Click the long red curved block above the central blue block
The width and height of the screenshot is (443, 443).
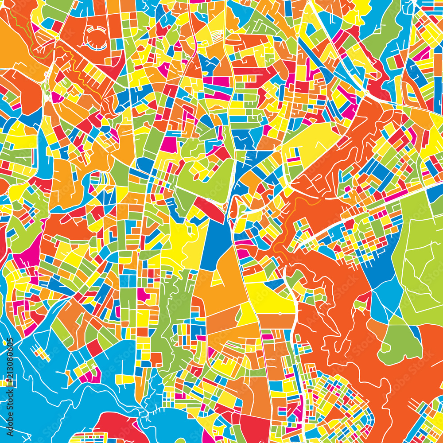click(x=209, y=209)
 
